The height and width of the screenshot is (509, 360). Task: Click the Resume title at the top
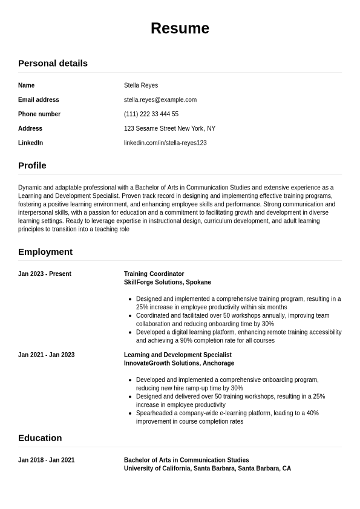[180, 28]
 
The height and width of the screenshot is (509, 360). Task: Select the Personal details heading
[53, 63]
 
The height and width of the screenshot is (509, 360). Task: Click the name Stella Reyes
[141, 85]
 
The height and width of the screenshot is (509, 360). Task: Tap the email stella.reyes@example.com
[160, 100]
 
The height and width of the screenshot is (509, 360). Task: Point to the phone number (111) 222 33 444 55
[151, 114]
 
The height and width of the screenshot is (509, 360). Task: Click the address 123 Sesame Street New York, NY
[169, 128]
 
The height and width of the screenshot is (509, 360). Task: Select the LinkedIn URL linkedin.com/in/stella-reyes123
[165, 143]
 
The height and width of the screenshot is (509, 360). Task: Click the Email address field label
[39, 100]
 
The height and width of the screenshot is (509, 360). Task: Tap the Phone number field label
[39, 114]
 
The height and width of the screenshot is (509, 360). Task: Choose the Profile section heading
[32, 165]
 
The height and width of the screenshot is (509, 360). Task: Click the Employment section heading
[45, 252]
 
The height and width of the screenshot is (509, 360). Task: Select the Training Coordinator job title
[154, 274]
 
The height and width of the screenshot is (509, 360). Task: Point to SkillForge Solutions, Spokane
[168, 282]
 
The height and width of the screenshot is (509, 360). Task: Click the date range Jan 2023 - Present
[45, 274]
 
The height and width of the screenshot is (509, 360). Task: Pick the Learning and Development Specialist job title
[178, 355]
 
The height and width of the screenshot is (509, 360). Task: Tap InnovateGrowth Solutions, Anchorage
[179, 363]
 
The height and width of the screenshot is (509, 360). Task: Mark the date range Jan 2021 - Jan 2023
[47, 355]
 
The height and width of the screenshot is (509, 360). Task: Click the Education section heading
[40, 438]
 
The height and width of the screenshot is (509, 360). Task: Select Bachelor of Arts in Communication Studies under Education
[186, 460]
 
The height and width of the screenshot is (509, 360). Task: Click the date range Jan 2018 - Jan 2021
[47, 460]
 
